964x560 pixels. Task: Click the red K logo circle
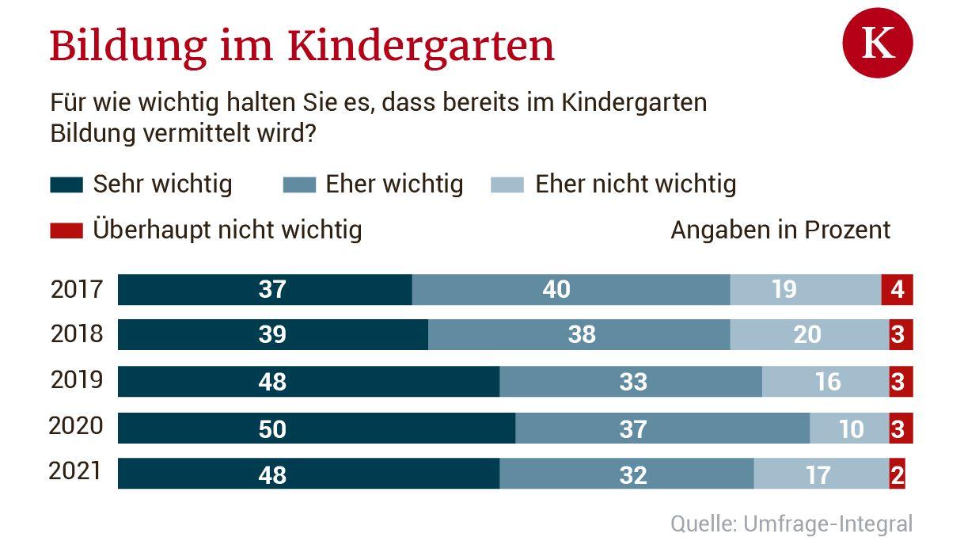877,42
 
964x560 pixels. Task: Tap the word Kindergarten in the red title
420,46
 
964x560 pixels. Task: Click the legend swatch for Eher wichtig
299,185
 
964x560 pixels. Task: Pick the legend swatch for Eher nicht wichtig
507,185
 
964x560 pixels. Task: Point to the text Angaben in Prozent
780,230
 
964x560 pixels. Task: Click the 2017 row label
77,289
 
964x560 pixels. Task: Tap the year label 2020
76,426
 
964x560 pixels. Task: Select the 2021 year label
75,471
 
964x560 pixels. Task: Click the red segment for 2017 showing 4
897,289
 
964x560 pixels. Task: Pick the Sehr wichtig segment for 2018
272,334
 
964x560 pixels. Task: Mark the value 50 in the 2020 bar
272,429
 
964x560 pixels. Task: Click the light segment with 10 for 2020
849,429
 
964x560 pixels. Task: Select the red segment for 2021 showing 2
897,474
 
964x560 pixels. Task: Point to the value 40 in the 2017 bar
556,289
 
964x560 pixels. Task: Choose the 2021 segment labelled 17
819,474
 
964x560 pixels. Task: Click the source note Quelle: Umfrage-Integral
791,524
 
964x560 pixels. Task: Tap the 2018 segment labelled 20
808,334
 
